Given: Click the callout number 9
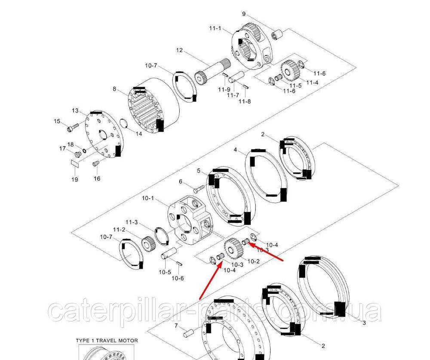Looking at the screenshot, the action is pyautogui.click(x=244, y=14).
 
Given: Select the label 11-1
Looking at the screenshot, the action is pyautogui.click(x=215, y=28).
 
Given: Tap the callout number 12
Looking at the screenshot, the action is pyautogui.click(x=179, y=50).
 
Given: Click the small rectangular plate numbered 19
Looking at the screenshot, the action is pyautogui.click(x=74, y=163).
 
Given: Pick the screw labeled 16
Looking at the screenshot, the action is pyautogui.click(x=95, y=164).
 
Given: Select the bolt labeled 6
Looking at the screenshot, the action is pyautogui.click(x=199, y=188).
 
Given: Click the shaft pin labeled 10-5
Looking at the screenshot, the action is pyautogui.click(x=169, y=253).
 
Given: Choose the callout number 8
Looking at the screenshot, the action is pyautogui.click(x=115, y=89).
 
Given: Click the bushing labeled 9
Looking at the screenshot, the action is pyautogui.click(x=276, y=35).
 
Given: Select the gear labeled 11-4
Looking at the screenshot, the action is pyautogui.click(x=289, y=69).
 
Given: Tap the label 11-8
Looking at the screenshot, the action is pyautogui.click(x=245, y=101).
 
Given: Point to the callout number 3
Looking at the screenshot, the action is pyautogui.click(x=364, y=323).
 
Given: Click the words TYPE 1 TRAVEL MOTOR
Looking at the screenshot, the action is pyautogui.click(x=107, y=341).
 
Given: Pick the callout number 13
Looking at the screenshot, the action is pyautogui.click(x=75, y=111).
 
